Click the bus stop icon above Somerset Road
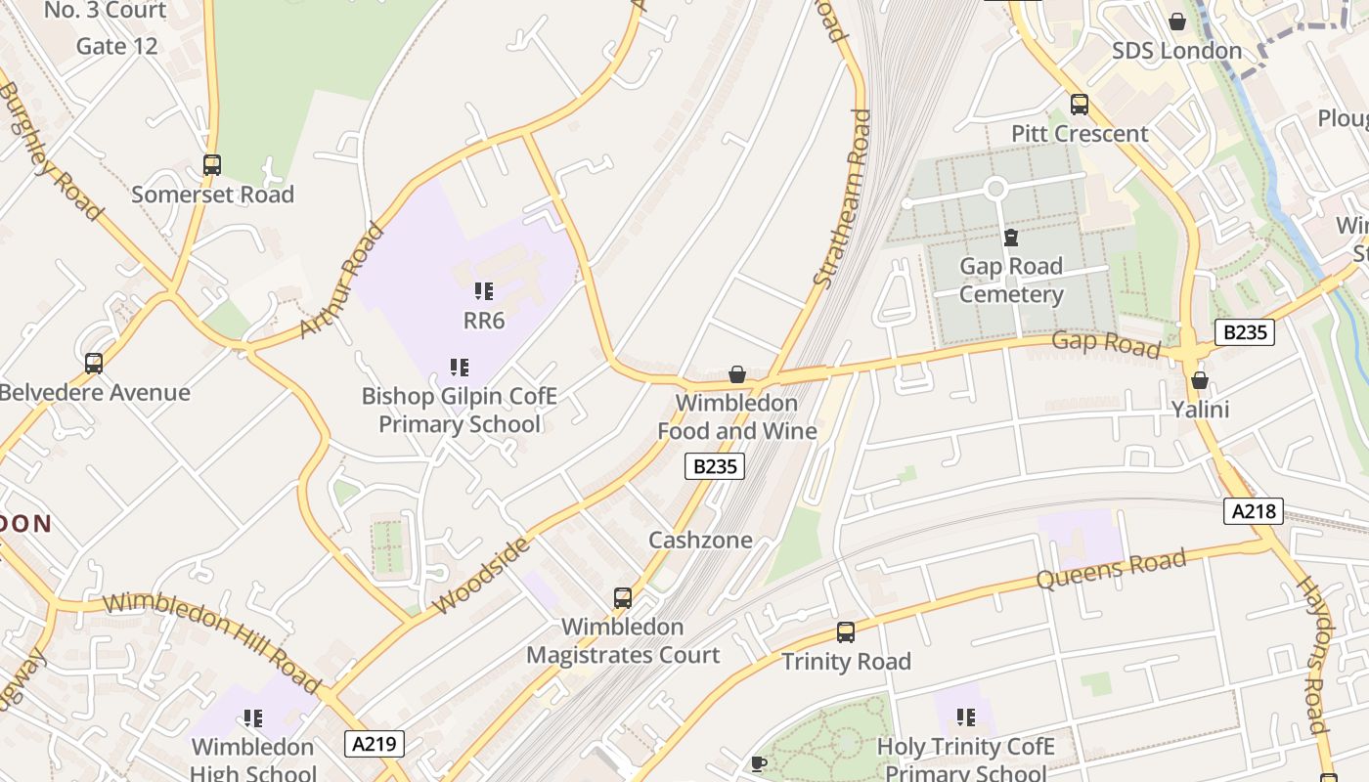[212, 165]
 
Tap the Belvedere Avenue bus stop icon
[94, 364]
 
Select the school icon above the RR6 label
[483, 291]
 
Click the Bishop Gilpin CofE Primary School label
[459, 410]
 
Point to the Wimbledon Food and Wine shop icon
[737, 374]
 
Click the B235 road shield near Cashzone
[714, 466]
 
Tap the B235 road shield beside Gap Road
[1245, 332]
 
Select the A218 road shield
[1253, 510]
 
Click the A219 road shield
[375, 744]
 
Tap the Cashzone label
[700, 540]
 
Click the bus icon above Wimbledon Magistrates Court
[622, 597]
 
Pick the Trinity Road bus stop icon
[846, 632]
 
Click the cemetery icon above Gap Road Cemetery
[1010, 238]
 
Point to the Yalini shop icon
[1200, 380]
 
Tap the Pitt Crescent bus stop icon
[1080, 105]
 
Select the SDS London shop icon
[1177, 22]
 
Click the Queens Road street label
[1111, 570]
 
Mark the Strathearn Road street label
[842, 199]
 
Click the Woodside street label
[483, 576]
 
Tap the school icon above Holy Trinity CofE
[966, 717]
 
